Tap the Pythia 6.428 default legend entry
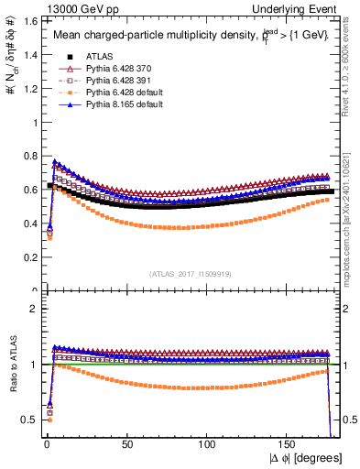pyautogui.click(x=113, y=93)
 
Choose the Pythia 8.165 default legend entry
pyautogui.click(x=113, y=104)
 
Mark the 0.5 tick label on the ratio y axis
pyautogui.click(x=27, y=420)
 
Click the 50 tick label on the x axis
pyautogui.click(x=126, y=442)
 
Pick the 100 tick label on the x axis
pyautogui.click(x=208, y=442)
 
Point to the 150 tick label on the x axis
pyautogui.click(x=289, y=442)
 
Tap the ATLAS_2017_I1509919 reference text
pyautogui.click(x=190, y=273)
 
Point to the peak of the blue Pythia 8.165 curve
pyautogui.click(x=54, y=161)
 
